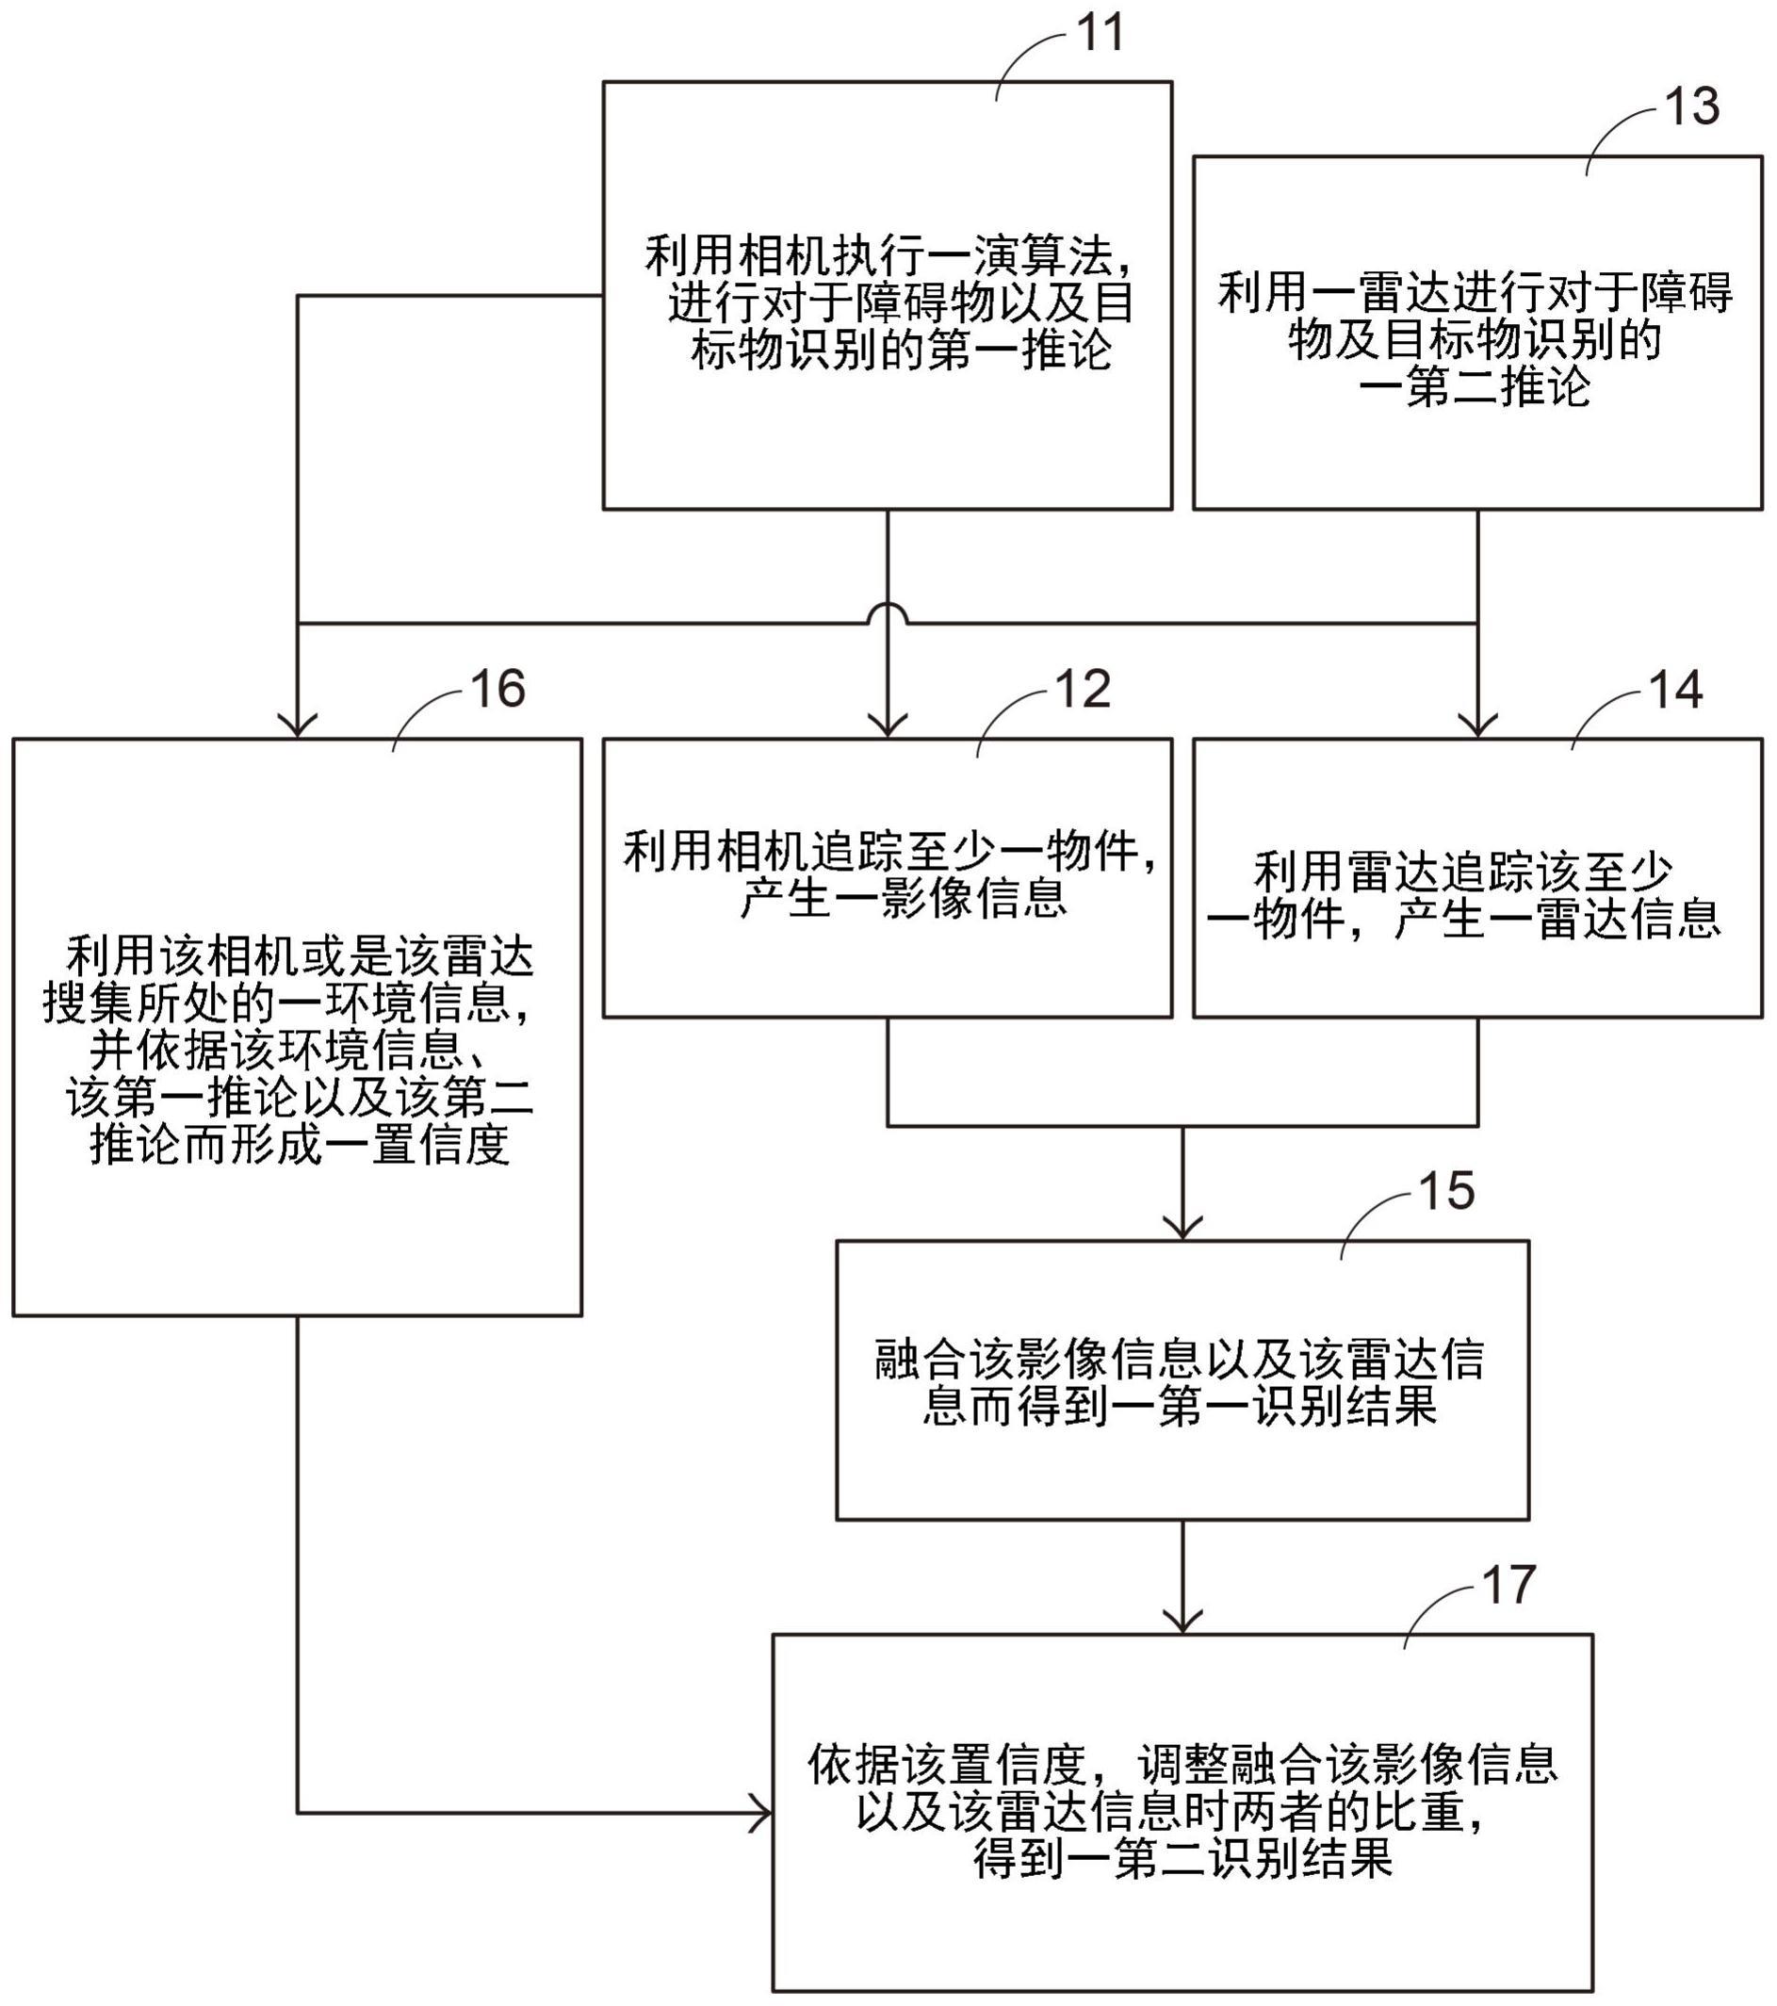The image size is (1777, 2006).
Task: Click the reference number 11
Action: (1100, 33)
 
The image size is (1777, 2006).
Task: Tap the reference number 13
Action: (1691, 108)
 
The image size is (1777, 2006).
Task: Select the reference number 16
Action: (498, 689)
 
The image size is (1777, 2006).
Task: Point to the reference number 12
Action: (1084, 689)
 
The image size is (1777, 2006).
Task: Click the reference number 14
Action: (1676, 690)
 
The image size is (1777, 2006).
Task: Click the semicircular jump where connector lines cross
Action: (887, 612)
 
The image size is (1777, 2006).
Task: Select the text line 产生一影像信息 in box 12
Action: (904, 898)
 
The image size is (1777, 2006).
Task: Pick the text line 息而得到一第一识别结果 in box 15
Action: (1181, 1407)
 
